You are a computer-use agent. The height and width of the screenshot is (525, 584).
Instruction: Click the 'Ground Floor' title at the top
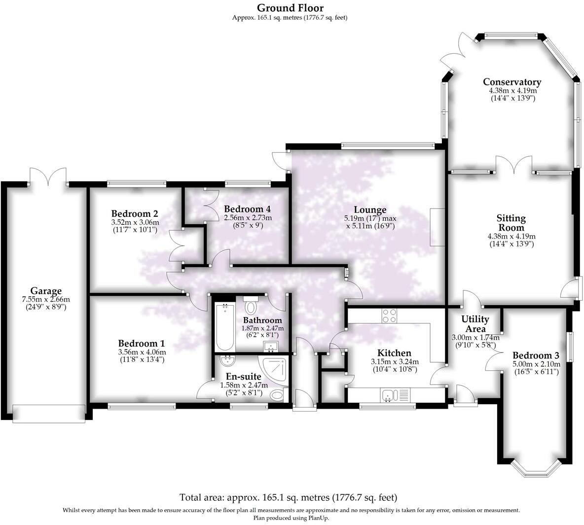(291, 7)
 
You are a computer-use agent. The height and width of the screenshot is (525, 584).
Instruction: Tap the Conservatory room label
(511, 82)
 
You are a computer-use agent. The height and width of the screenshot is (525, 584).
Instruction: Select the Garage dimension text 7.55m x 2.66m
(46, 299)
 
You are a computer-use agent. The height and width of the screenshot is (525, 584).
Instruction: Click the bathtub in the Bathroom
(225, 327)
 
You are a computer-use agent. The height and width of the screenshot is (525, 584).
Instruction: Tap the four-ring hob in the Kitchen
(389, 315)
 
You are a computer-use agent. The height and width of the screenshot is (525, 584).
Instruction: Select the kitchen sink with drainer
(395, 395)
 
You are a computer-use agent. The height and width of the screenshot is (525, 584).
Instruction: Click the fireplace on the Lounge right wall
(437, 227)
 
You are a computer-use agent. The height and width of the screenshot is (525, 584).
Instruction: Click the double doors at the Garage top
(48, 176)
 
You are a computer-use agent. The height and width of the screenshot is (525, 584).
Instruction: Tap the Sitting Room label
(511, 222)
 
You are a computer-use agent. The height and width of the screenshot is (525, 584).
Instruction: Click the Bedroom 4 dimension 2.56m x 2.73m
(248, 217)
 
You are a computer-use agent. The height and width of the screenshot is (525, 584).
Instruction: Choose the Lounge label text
(372, 210)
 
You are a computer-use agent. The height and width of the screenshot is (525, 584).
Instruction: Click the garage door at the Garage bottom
(48, 413)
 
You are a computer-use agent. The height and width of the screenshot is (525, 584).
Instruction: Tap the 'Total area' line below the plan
(288, 497)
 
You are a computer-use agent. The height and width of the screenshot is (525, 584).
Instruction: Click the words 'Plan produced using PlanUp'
(291, 518)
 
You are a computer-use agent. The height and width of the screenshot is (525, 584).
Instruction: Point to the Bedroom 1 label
(142, 343)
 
